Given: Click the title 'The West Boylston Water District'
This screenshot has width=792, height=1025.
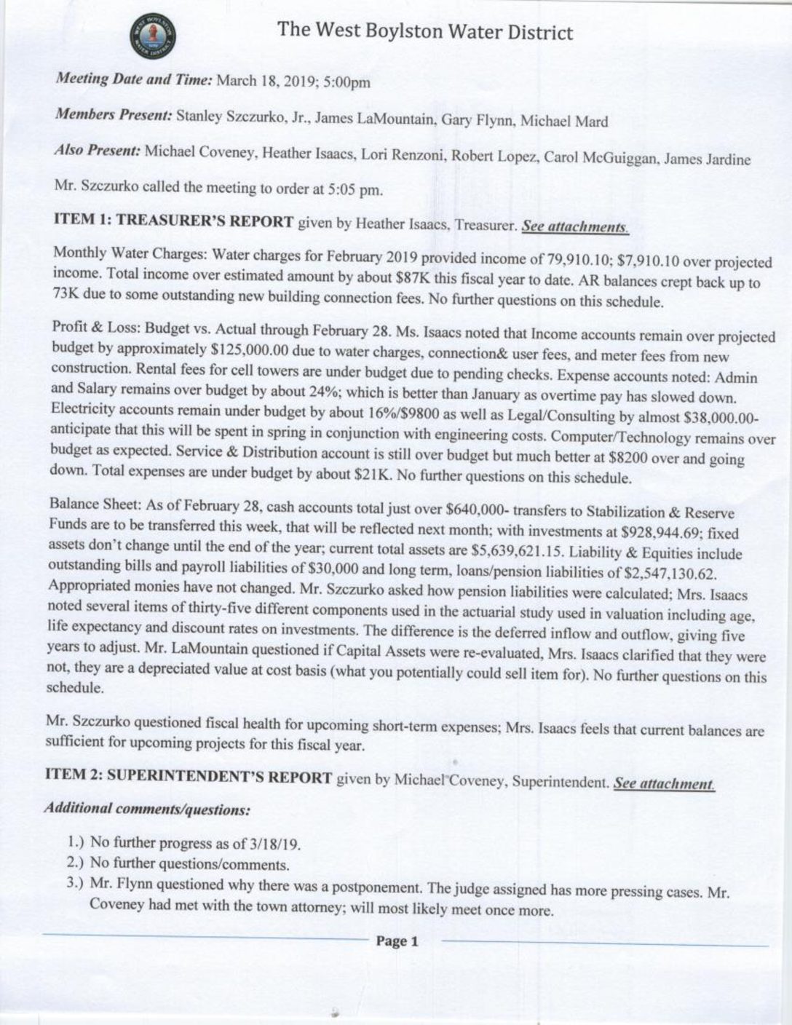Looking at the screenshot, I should coord(424,31).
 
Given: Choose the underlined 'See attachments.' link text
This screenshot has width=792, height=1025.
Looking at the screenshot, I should coord(574,226).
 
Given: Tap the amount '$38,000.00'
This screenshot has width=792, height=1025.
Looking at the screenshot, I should coord(721,419).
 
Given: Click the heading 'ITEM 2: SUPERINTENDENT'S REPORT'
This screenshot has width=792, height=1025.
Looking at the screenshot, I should coord(189,777).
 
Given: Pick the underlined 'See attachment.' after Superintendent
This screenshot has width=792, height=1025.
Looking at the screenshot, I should coord(663,783).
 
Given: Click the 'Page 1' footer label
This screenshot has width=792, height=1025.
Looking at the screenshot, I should coord(397,941).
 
